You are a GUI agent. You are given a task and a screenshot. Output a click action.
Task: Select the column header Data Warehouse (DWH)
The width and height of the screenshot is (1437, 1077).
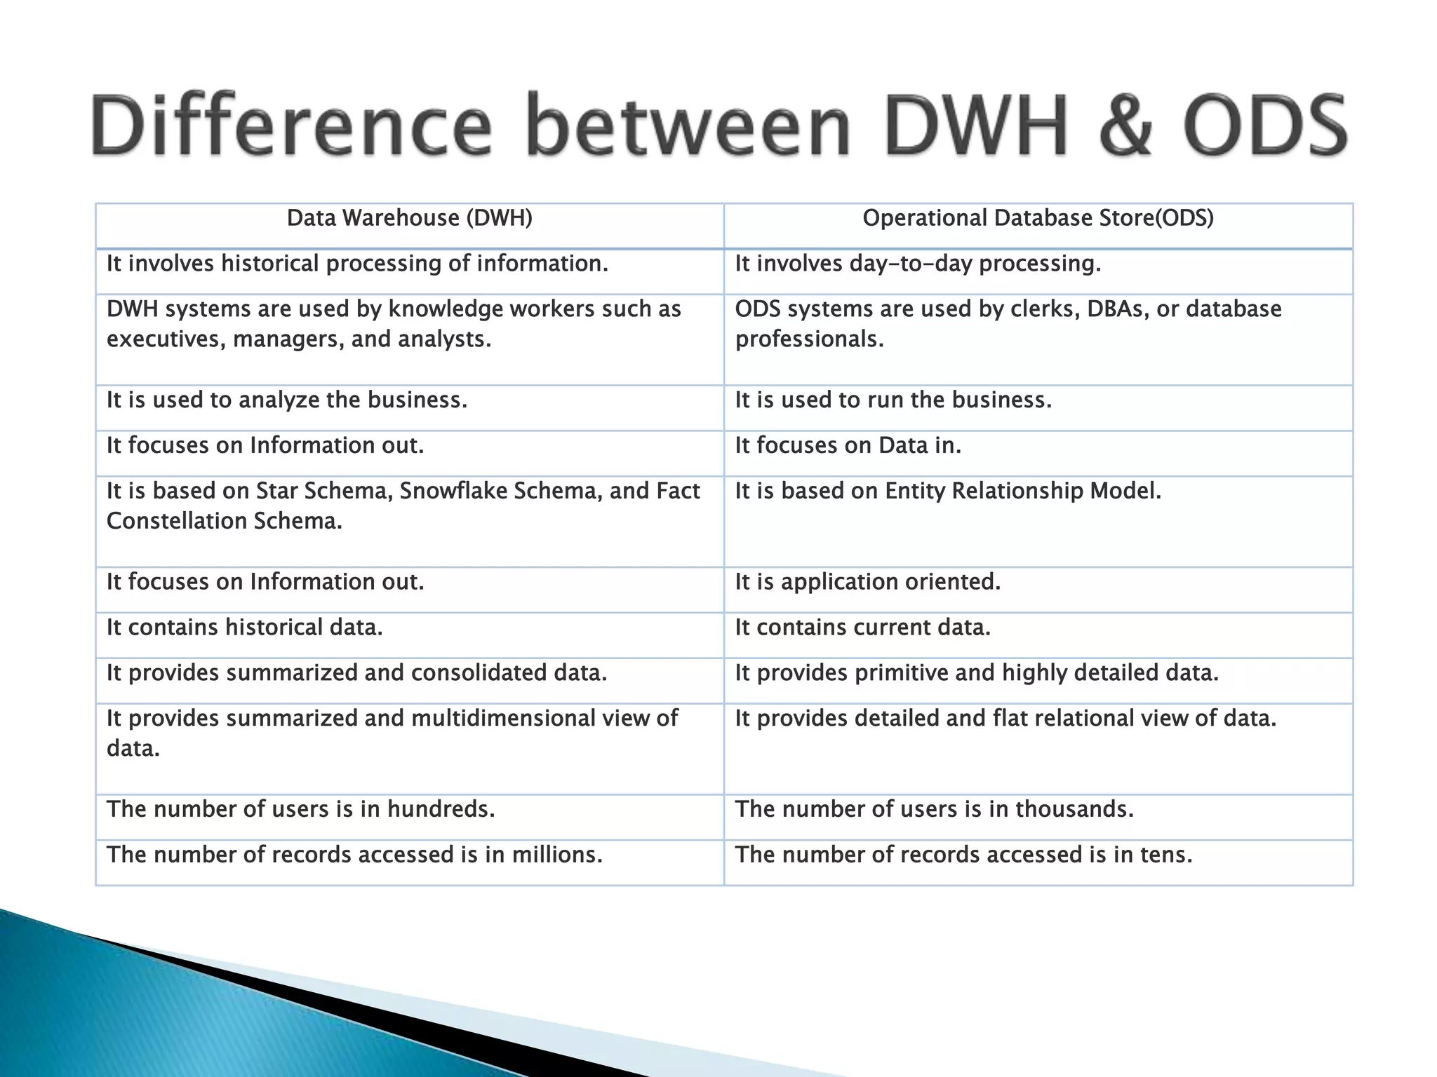409,219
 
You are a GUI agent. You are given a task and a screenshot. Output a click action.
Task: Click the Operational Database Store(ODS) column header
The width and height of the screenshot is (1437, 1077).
1038,219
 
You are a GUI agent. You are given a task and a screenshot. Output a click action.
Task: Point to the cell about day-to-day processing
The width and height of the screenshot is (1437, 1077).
918,264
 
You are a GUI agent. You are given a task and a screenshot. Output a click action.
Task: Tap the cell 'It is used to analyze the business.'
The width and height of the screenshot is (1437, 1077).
286,400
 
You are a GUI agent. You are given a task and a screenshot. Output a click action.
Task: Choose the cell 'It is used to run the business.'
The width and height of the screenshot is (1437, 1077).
893,400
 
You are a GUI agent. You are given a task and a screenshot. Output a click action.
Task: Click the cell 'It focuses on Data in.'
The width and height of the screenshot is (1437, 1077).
848,446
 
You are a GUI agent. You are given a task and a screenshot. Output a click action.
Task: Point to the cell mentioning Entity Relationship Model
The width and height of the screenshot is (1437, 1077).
948,491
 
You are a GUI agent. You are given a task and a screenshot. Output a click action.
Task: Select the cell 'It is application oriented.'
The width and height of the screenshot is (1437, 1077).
867,582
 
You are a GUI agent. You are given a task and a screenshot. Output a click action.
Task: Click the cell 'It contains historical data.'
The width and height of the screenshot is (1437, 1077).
244,628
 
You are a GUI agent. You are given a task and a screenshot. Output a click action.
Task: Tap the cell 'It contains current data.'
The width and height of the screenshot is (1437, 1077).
862,628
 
